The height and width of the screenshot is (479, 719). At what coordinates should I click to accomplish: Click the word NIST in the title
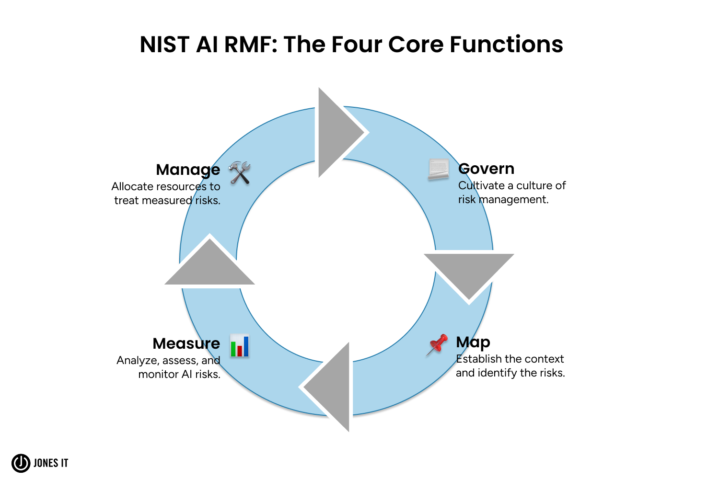164,45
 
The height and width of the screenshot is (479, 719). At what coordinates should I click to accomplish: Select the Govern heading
486,169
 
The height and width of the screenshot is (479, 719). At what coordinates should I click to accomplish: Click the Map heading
473,342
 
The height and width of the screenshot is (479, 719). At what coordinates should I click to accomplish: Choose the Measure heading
186,343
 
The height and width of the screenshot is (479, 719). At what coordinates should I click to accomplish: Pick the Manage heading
188,170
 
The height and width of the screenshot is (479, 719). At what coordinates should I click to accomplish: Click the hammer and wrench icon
239,172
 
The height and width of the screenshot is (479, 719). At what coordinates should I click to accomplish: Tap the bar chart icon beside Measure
239,345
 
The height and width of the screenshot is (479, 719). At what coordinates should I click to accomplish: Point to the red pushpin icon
437,344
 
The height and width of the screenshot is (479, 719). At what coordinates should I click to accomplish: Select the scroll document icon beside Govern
438,170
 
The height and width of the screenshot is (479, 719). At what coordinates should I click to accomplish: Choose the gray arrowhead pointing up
209,264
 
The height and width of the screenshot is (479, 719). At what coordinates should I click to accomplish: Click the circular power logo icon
21,463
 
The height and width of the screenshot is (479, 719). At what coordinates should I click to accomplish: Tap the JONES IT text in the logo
51,463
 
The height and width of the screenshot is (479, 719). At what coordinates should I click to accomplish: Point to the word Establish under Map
478,359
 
